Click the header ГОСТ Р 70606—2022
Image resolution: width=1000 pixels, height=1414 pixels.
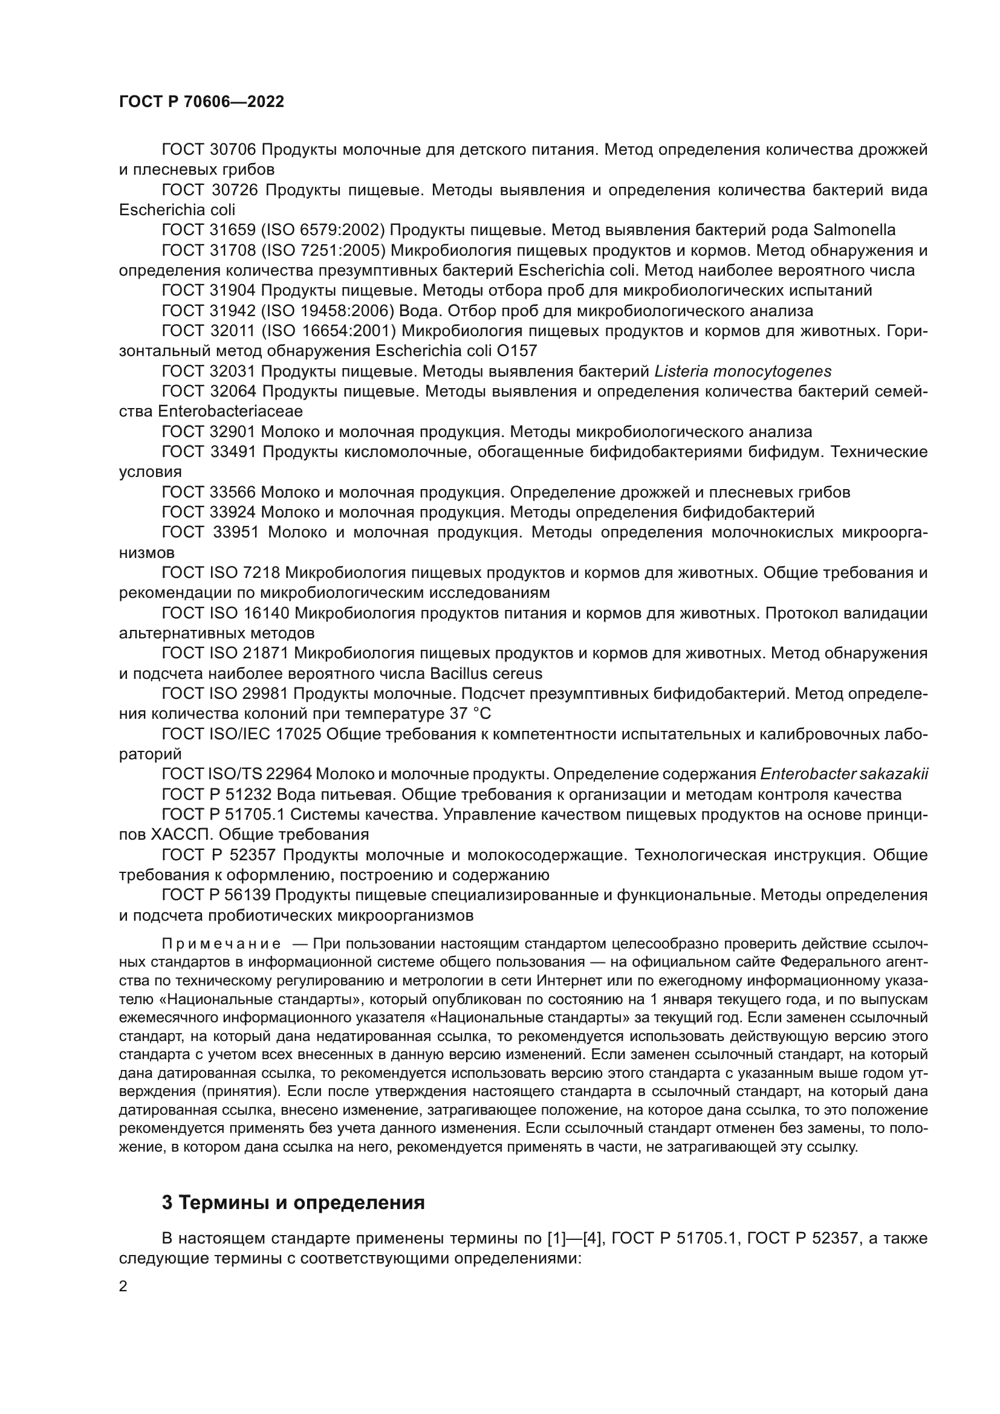coord(201,102)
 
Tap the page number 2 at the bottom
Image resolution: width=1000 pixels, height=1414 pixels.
coord(123,1286)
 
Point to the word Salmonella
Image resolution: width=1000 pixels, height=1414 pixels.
coord(854,230)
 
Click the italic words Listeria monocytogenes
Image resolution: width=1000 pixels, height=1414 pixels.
coord(742,371)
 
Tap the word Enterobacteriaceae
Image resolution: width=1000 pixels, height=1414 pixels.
coord(230,412)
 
